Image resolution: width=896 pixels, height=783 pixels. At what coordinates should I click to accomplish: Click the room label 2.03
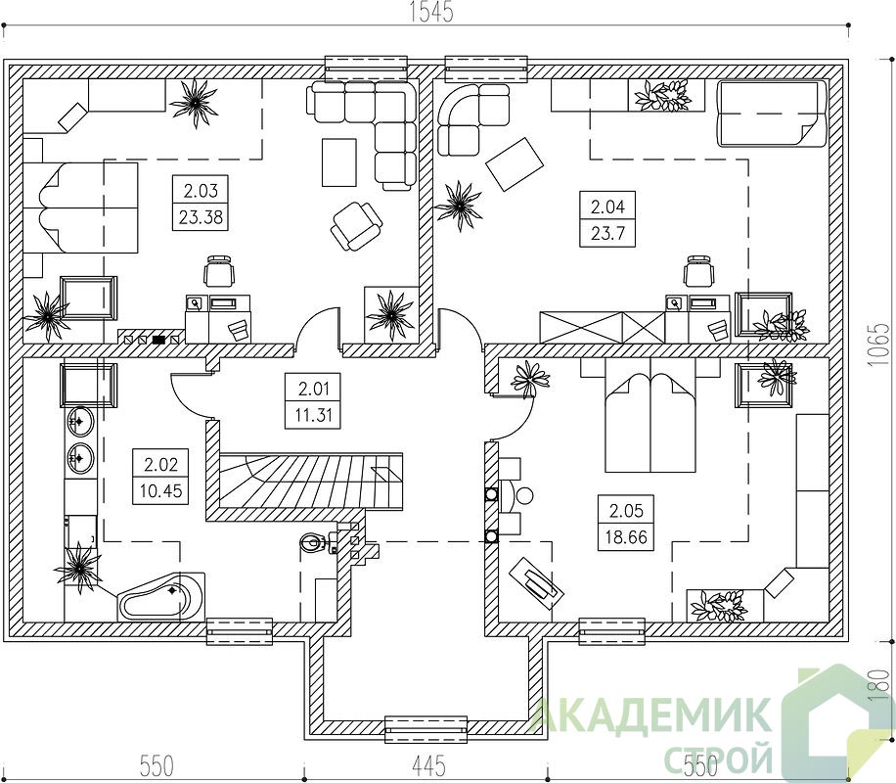pyautogui.click(x=201, y=189)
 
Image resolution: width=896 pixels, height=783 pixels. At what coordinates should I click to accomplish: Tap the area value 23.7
pyautogui.click(x=607, y=233)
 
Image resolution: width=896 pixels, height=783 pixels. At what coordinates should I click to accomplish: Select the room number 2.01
pyautogui.click(x=314, y=389)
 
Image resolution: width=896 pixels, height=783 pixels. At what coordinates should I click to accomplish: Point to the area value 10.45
pyautogui.click(x=160, y=490)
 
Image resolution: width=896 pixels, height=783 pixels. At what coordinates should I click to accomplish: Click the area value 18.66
pyautogui.click(x=626, y=537)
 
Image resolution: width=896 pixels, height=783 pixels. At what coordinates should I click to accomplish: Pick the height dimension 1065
pyautogui.click(x=882, y=345)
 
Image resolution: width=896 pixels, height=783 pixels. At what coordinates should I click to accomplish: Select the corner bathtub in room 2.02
pyautogui.click(x=161, y=596)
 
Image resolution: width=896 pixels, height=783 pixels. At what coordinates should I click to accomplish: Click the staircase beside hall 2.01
pyautogui.click(x=311, y=481)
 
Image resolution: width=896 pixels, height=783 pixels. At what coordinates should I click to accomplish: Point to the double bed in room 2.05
pyautogui.click(x=650, y=423)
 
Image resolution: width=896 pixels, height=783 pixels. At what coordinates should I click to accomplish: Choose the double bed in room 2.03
pyautogui.click(x=80, y=207)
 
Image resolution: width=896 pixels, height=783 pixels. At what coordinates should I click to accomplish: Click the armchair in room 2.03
pyautogui.click(x=355, y=226)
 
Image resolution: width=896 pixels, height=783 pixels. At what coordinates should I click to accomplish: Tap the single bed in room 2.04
pyautogui.click(x=772, y=115)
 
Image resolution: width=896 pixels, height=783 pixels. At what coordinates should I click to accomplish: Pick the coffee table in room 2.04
pyautogui.click(x=515, y=164)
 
